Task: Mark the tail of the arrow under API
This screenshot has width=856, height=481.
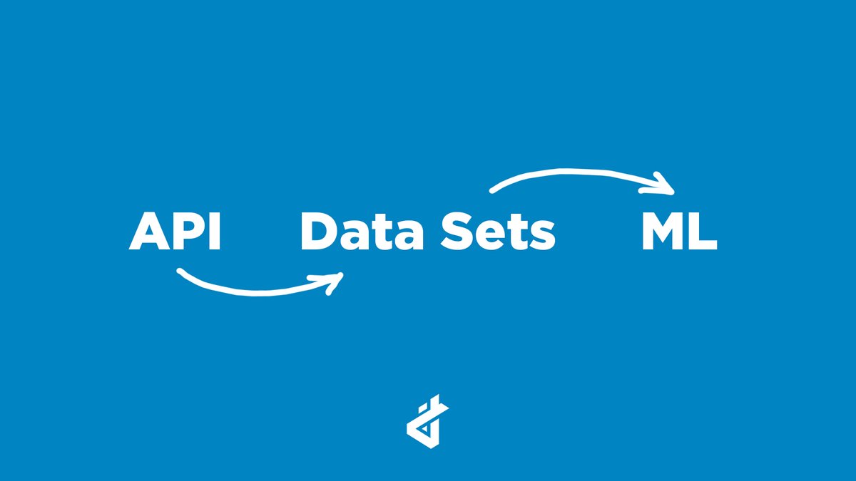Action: tap(180, 272)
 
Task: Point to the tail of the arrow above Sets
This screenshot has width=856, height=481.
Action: tap(492, 190)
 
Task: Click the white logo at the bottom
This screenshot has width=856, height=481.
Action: tap(427, 425)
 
